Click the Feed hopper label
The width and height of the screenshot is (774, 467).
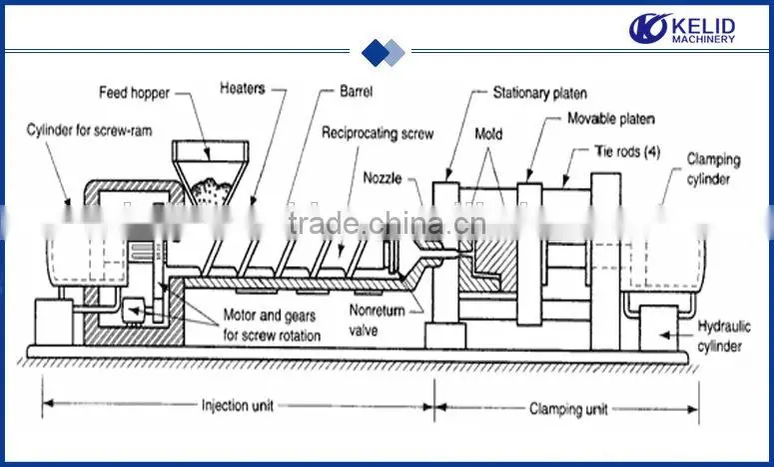click(x=134, y=93)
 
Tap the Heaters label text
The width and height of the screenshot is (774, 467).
click(x=243, y=88)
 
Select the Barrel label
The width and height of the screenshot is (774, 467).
click(x=356, y=91)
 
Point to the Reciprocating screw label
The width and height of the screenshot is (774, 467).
click(x=378, y=133)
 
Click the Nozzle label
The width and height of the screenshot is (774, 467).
click(x=383, y=178)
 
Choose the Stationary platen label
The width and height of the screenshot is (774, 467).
click(x=540, y=93)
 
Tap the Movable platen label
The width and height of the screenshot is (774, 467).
click(x=611, y=119)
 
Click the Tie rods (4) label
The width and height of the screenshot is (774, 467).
click(x=627, y=151)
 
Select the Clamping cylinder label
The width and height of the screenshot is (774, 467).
click(x=713, y=169)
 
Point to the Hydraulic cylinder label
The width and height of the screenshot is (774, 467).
click(x=723, y=336)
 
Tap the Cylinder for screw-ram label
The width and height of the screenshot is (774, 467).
click(x=89, y=130)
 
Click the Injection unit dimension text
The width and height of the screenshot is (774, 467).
click(x=238, y=406)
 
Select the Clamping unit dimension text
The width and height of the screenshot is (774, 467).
click(x=568, y=409)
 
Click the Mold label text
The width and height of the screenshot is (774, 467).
click(x=488, y=134)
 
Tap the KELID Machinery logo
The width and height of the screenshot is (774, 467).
click(x=682, y=28)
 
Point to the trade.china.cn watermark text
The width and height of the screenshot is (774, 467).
click(x=387, y=224)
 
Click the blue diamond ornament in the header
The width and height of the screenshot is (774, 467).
click(x=384, y=52)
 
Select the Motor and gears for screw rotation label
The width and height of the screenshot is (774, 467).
click(x=272, y=325)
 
